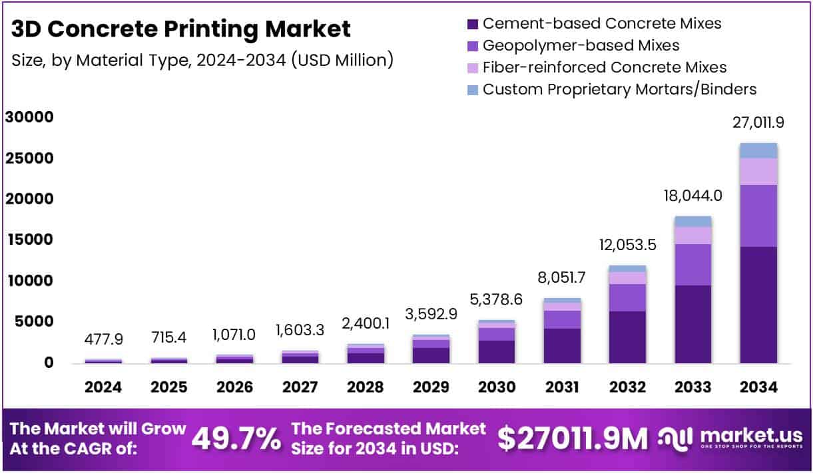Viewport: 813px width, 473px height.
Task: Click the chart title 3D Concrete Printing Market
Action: pos(181,29)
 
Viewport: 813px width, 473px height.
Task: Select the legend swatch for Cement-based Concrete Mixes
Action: pos(473,24)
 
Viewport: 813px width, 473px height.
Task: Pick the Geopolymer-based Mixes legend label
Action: pos(581,45)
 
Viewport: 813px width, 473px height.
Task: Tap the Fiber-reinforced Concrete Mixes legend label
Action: pos(604,67)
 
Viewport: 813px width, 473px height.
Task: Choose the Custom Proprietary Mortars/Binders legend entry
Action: pos(619,89)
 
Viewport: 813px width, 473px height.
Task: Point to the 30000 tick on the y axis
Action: pos(29,117)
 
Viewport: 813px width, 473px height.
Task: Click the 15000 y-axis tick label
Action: pos(29,239)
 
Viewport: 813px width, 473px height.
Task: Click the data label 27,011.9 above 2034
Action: pos(758,123)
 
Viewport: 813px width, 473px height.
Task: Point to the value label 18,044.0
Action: pos(692,195)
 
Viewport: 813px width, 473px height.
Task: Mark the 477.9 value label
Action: pos(104,339)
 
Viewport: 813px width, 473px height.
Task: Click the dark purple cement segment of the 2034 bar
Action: pos(758,305)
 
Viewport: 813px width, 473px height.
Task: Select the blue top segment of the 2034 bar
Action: pos(758,150)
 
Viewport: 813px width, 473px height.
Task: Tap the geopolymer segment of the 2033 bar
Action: pos(692,265)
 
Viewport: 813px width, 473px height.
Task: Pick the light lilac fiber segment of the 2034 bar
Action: pos(758,172)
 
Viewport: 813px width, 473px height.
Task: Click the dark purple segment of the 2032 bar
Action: pos(627,337)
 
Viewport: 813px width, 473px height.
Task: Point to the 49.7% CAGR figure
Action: pos(236,438)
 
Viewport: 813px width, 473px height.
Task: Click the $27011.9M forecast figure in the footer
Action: pos(573,438)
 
